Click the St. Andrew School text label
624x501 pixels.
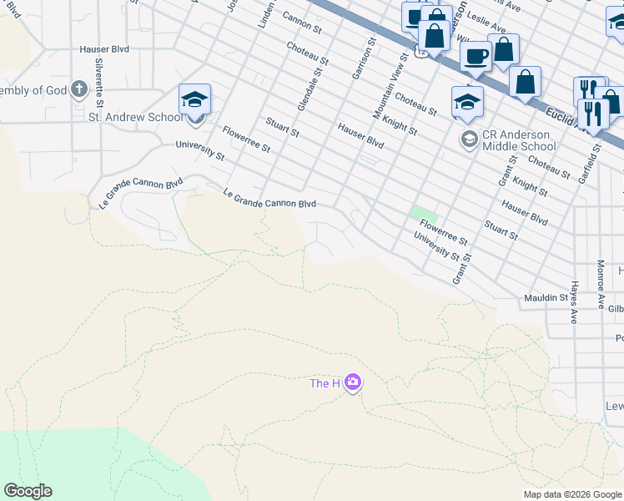click(135, 118)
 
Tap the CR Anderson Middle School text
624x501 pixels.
click(517, 140)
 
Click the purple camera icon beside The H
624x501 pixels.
click(353, 382)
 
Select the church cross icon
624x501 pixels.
click(79, 89)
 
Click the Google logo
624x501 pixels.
click(28, 491)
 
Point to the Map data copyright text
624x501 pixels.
click(572, 494)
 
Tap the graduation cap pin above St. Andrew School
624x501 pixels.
click(194, 100)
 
